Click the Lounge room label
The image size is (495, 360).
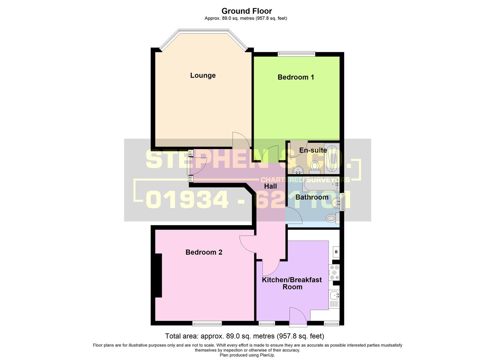coord(203,75)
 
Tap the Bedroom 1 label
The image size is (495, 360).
coord(296,77)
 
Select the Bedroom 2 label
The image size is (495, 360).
coord(204,252)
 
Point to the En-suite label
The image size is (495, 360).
coord(313,150)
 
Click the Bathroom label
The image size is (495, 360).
coord(312,197)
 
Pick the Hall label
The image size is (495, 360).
coord(270,186)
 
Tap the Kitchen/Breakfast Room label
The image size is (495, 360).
coord(292,283)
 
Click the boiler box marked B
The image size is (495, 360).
coord(336,252)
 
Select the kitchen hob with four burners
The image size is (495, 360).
coord(334,273)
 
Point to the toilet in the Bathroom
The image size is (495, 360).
coord(331,218)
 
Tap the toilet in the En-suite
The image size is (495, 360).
coord(314,166)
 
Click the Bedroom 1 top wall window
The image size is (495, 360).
coord(296,53)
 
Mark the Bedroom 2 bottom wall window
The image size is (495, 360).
coord(207,323)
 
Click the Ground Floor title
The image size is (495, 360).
coord(247,11)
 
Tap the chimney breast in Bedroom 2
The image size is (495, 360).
coord(158,275)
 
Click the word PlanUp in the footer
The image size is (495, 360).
coord(267,355)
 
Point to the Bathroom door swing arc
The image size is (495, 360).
coord(294,215)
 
